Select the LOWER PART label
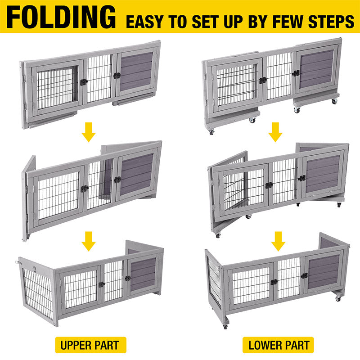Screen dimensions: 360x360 tap(279, 345)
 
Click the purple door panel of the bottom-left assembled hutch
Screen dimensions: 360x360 tap(143, 274)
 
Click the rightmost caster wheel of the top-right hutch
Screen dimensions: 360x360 tap(334, 102)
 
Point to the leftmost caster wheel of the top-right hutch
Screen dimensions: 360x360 tap(211, 132)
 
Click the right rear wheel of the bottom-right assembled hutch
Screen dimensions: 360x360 tap(338, 298)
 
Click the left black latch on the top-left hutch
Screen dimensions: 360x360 tap(84, 82)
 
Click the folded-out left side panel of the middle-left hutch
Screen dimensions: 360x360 tap(28, 198)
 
